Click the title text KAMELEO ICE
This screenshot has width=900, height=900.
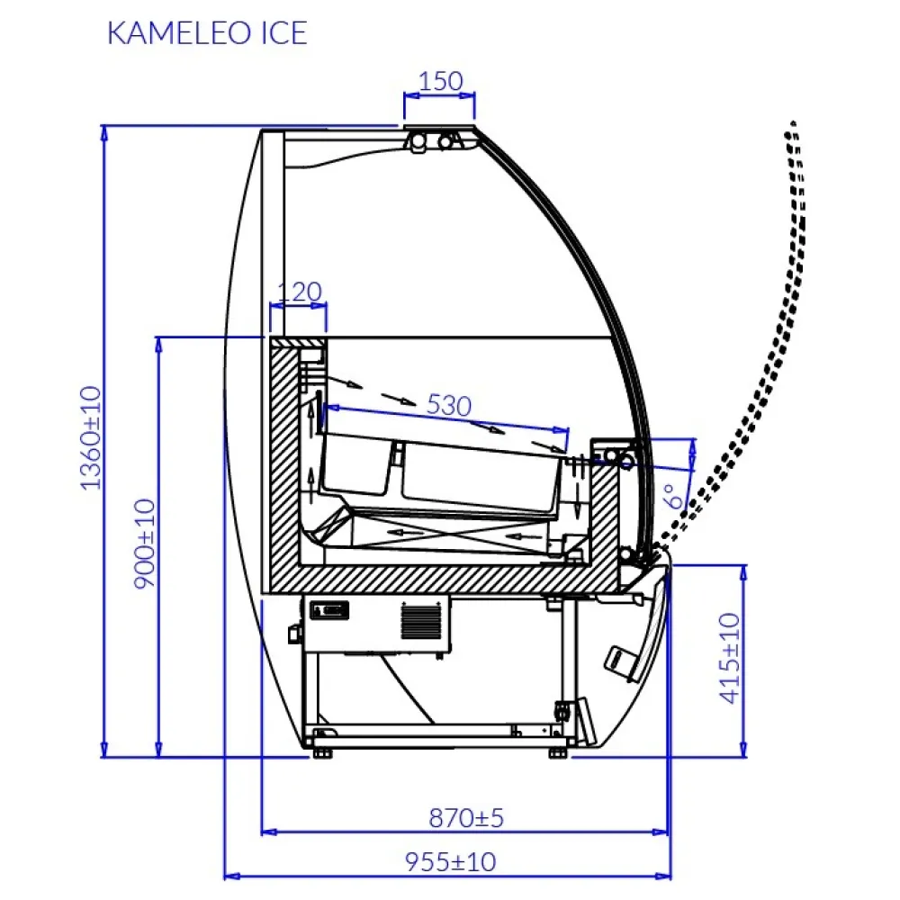(206, 33)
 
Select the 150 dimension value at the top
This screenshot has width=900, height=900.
(441, 81)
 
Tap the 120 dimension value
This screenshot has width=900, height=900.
(299, 292)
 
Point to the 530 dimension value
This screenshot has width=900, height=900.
(447, 406)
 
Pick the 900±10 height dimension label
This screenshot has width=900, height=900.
(145, 544)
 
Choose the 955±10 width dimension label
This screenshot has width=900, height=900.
(449, 862)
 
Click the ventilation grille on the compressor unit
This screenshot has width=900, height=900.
(416, 620)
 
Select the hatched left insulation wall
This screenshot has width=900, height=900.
(283, 459)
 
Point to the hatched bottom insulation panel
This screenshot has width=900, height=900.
(441, 580)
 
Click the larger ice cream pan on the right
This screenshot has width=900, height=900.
(477, 475)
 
